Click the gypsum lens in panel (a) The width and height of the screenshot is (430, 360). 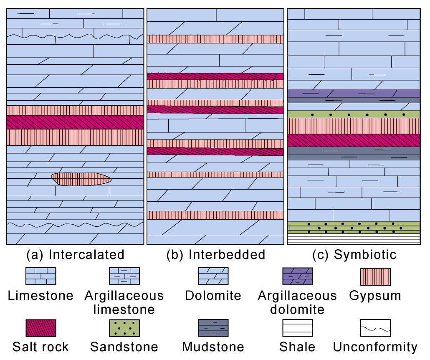[81, 179]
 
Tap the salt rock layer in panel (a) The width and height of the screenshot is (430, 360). [75, 122]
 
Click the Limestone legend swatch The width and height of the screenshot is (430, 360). [40, 276]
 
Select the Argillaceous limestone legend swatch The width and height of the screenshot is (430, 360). [124, 276]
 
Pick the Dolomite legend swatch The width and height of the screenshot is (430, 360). [213, 276]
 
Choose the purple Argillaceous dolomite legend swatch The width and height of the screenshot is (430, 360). [298, 276]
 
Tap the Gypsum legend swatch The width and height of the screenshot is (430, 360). [375, 276]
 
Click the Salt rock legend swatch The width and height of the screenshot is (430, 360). [40, 328]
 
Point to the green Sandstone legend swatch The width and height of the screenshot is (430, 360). [124, 328]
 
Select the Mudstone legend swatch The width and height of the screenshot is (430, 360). [213, 328]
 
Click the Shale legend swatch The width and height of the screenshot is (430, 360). [298, 328]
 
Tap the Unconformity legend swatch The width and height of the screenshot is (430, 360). [375, 328]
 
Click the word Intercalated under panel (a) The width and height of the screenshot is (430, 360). [86, 255]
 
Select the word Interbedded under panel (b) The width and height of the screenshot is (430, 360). [227, 255]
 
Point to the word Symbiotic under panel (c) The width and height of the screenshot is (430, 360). [365, 255]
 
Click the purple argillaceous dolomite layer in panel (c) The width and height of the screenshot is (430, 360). [354, 94]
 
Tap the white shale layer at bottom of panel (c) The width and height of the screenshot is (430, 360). [354, 239]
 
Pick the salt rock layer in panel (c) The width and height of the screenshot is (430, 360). [354, 140]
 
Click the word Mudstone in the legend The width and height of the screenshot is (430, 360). [213, 347]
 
